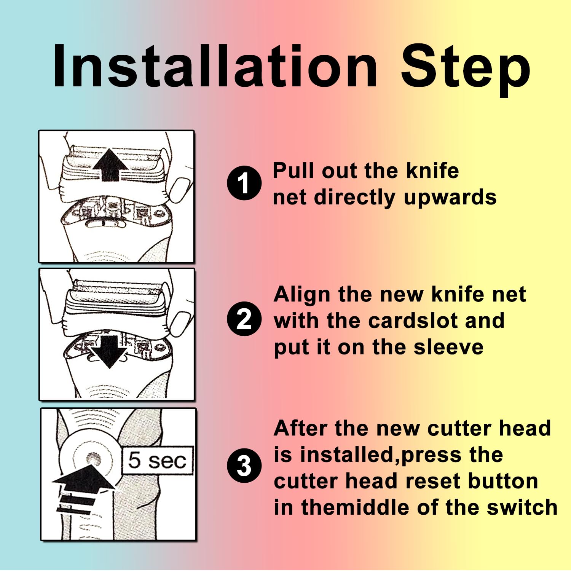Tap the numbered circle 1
(x=244, y=183)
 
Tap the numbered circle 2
(x=244, y=319)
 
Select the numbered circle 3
(x=244, y=466)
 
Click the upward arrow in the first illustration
(x=110, y=164)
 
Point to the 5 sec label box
(x=157, y=460)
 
